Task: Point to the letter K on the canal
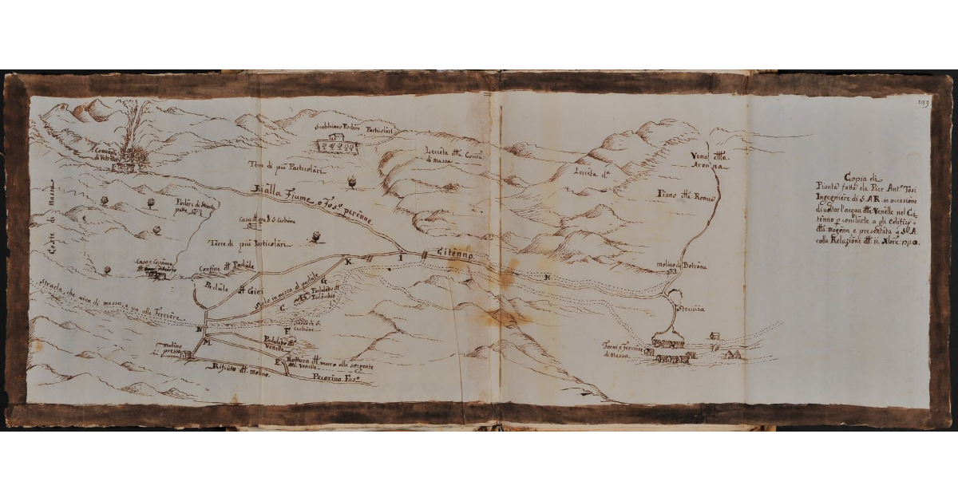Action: click(347, 260)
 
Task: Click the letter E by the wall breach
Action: click(277, 363)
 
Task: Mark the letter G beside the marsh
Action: click(324, 281)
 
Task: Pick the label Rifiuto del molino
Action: click(237, 370)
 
